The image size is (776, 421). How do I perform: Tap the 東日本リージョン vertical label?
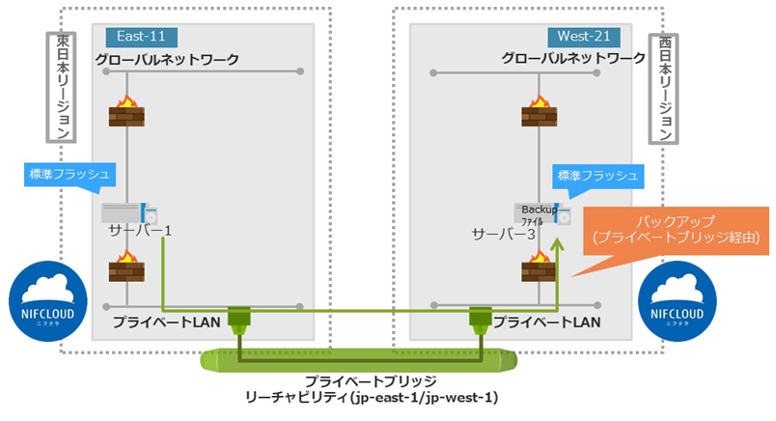pos(62,86)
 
